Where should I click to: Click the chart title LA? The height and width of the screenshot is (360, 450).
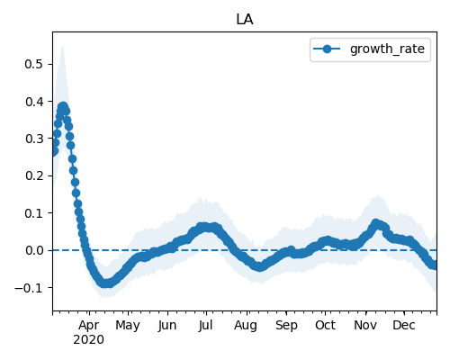[245, 20]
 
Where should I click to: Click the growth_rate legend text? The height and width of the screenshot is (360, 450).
[387, 49]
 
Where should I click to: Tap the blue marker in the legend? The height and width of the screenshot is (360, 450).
[327, 49]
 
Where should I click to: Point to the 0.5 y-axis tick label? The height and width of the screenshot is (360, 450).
[34, 64]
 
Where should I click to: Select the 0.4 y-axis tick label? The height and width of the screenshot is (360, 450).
[34, 102]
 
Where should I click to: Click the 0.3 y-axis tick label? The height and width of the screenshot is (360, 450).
[34, 139]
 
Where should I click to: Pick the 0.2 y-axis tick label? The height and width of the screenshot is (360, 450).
[34, 175]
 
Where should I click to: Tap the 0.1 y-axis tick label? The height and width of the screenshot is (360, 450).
[34, 213]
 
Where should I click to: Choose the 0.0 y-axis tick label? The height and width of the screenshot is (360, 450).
[34, 250]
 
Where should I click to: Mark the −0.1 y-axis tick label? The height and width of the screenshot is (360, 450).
[30, 288]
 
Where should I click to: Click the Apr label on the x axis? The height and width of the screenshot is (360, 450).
[89, 325]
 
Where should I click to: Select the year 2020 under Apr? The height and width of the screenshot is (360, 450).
[89, 340]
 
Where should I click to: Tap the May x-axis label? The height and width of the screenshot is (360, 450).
[128, 326]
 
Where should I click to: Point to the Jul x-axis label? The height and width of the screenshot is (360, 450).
[205, 325]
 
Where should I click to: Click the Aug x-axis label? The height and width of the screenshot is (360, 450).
[246, 326]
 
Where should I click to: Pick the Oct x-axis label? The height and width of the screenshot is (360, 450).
[325, 325]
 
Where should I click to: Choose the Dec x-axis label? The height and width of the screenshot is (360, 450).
[404, 325]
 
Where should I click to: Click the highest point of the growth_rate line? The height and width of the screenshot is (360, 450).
[63, 106]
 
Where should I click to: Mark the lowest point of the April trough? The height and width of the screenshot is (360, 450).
[105, 283]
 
